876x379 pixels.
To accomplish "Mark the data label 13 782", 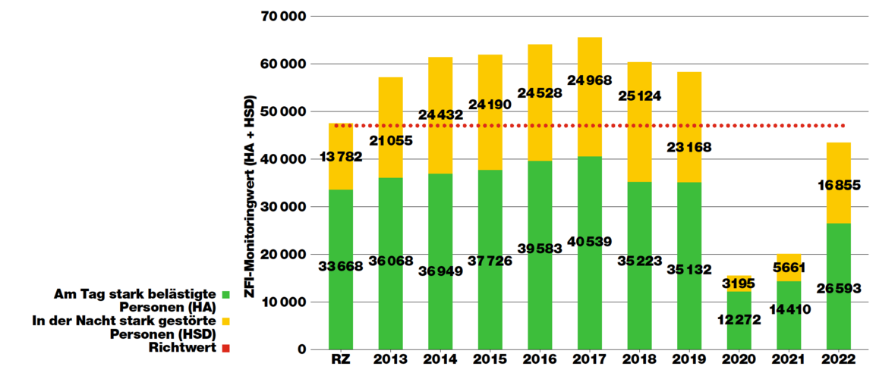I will tap(341, 157).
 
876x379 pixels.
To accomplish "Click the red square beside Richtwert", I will tap(225, 349).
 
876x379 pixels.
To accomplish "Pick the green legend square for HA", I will tap(225, 293).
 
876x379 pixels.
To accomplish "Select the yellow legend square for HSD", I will tap(225, 321).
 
